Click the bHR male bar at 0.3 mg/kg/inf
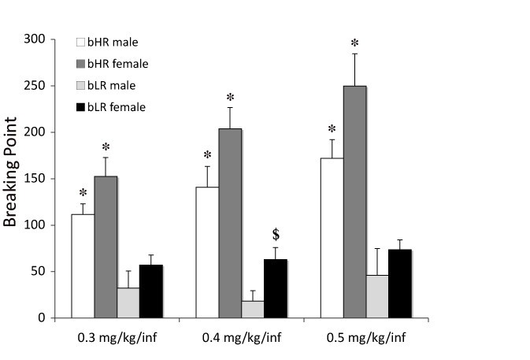(x=83, y=266)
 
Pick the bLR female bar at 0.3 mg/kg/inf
(x=151, y=291)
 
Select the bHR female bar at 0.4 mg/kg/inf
(x=230, y=224)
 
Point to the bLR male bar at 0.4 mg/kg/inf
(x=253, y=310)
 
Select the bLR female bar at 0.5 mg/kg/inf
(x=400, y=284)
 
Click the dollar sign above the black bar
(x=276, y=235)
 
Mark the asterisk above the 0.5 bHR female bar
(x=354, y=43)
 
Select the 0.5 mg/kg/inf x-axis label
(x=365, y=340)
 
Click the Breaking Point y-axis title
(x=12, y=179)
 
